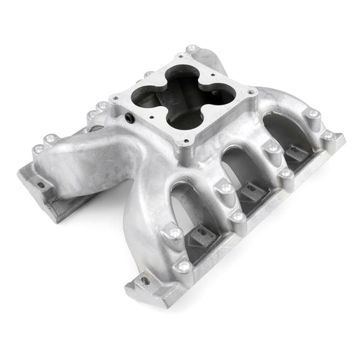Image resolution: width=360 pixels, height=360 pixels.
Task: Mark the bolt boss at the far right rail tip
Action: click(329, 135)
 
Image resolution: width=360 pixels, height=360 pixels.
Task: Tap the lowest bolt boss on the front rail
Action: click(181, 267)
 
